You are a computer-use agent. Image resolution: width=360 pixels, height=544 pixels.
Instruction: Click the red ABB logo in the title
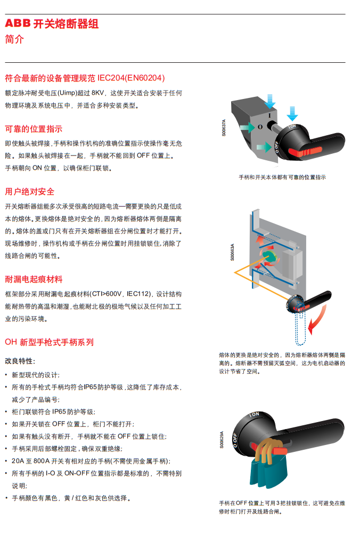(x=18, y=23)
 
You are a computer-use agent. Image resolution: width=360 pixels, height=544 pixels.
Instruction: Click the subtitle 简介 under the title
(x=14, y=39)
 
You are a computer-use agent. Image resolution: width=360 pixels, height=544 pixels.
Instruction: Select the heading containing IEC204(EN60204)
(x=85, y=78)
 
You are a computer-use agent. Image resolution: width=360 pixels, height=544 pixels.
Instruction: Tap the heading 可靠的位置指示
(x=34, y=129)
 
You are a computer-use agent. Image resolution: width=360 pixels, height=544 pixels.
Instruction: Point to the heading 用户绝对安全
(x=29, y=192)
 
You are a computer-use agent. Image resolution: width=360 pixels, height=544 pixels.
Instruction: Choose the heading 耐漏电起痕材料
(x=34, y=279)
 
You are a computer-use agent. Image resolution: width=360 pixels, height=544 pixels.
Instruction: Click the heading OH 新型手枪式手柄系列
(x=50, y=342)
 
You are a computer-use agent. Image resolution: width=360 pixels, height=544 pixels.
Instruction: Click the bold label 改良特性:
(x=20, y=361)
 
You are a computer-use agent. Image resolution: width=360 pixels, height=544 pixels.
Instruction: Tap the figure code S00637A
(x=224, y=128)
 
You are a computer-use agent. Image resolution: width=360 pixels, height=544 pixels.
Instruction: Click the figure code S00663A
(x=232, y=252)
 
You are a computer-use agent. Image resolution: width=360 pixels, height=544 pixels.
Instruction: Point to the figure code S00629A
(x=222, y=440)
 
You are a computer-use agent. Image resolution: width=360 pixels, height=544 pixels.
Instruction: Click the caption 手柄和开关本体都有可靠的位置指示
(x=282, y=177)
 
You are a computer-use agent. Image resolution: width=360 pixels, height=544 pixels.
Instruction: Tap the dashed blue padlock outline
(x=300, y=326)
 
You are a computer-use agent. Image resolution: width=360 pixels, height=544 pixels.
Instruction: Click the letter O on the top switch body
(x=260, y=127)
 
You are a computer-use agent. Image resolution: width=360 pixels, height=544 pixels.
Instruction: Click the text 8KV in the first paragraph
(x=97, y=93)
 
